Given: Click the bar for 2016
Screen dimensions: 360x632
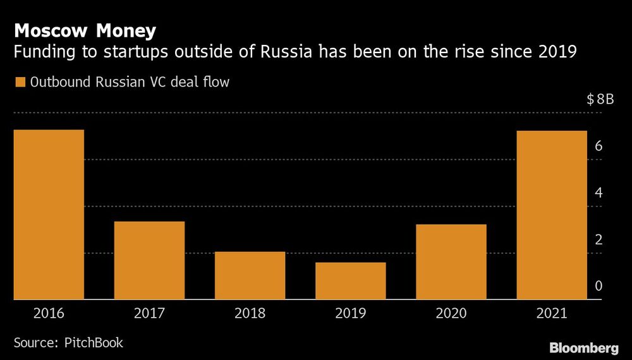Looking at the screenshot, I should [x=49, y=215].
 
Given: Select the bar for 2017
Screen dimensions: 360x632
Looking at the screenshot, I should [x=149, y=260].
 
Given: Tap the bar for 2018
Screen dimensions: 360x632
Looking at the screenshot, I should [x=250, y=275].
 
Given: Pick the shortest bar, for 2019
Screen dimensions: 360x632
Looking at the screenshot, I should [x=350, y=280].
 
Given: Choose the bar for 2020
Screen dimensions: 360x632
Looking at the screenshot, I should [x=451, y=261].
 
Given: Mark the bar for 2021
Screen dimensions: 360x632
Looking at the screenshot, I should [x=552, y=215].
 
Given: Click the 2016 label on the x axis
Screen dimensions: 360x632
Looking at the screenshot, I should [x=49, y=313].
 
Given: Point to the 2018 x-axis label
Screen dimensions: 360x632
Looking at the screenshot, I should [x=250, y=313].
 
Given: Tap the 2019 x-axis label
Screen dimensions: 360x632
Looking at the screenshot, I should [x=350, y=313].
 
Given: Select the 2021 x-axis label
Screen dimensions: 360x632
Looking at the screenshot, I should [x=552, y=313].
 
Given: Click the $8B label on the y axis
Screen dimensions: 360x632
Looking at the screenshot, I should [x=600, y=99].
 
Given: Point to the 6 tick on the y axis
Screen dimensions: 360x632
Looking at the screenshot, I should [x=599, y=146].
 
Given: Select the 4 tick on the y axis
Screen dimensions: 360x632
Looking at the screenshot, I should [x=599, y=193].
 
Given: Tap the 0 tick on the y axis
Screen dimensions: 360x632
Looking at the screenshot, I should [x=599, y=286].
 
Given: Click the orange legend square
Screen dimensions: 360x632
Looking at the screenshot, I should [x=20, y=82].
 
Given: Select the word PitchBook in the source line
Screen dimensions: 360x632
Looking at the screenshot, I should [x=94, y=343].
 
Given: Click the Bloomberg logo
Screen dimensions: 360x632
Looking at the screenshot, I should [x=583, y=347].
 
